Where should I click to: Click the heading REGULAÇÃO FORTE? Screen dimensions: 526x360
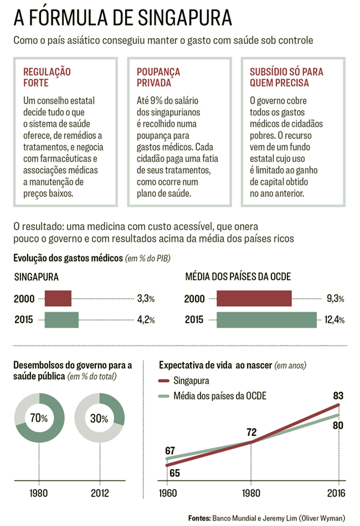47,78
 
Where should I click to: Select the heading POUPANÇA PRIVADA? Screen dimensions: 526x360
158,78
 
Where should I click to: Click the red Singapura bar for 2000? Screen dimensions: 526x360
58,298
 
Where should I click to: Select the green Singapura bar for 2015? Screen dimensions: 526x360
61,320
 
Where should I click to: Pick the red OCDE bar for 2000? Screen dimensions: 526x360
254,298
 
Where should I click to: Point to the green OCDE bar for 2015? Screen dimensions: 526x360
266,320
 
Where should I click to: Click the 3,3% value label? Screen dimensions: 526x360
146,299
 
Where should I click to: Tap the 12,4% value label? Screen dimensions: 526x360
335,320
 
